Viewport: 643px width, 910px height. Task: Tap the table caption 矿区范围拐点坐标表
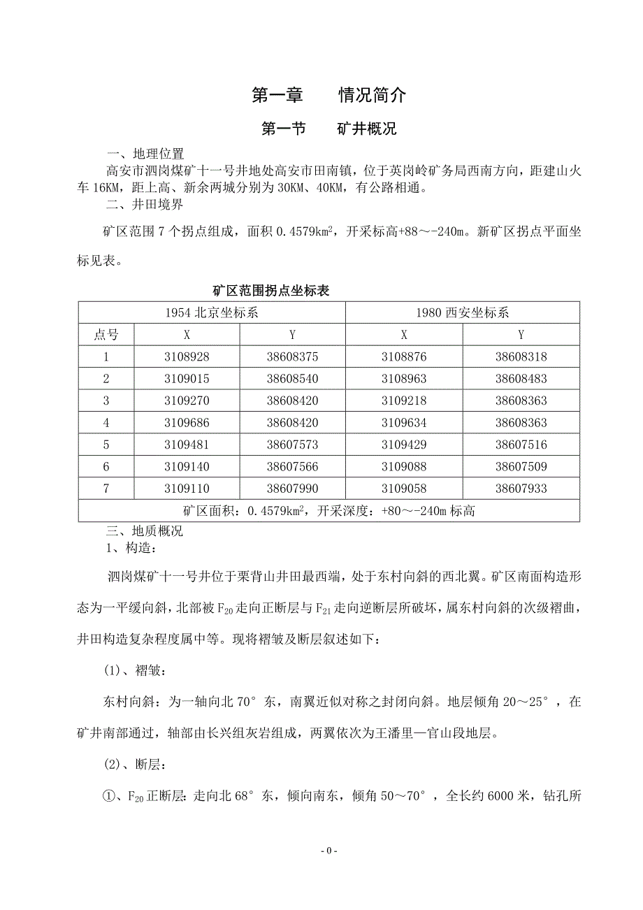tap(270, 291)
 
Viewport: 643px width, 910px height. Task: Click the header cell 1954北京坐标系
tap(212, 313)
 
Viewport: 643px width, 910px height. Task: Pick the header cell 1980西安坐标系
tap(462, 313)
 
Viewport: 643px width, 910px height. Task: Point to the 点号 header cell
tap(106, 335)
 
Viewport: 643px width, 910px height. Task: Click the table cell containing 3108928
tap(187, 356)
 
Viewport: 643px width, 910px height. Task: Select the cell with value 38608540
tap(292, 379)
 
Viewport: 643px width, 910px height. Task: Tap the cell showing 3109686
tap(187, 423)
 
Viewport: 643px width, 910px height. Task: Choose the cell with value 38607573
tap(292, 445)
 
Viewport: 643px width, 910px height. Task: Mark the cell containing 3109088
tap(404, 467)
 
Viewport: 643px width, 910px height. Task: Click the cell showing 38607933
tap(521, 489)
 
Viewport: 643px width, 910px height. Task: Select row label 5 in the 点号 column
tap(106, 445)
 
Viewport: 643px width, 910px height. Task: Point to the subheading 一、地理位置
tap(145, 154)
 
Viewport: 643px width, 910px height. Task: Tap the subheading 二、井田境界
tap(145, 205)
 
